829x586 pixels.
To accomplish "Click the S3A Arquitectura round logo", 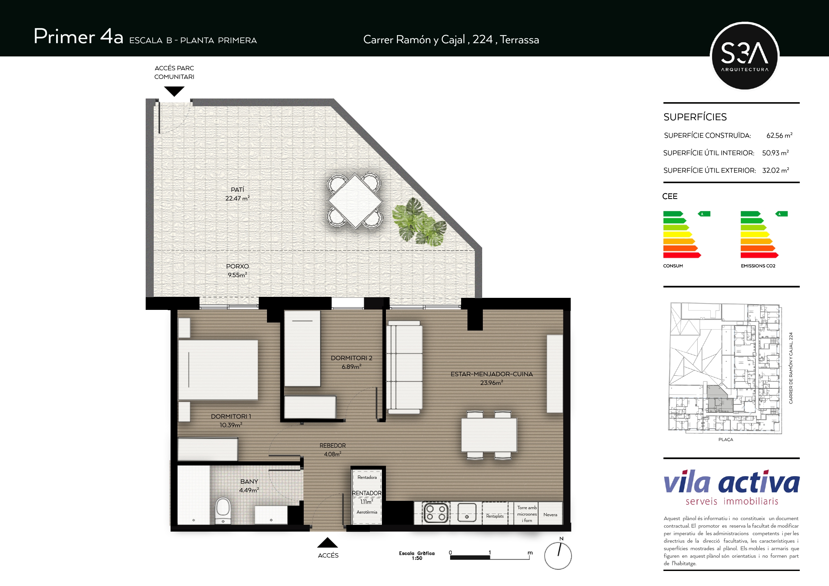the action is [744, 56].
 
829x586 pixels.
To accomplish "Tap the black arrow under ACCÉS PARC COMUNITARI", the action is [174, 91].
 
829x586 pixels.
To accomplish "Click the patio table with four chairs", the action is [355, 201].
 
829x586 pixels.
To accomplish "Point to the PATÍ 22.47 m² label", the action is [237, 194].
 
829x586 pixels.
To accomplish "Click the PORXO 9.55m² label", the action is [237, 270].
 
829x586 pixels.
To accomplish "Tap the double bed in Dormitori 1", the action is [218, 370].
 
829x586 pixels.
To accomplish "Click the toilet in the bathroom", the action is [223, 510].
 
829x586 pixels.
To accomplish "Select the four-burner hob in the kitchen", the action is [436, 513].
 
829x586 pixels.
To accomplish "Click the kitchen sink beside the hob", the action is [466, 513].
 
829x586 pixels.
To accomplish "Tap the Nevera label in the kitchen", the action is [550, 515].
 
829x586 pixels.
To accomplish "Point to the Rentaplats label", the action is [495, 516].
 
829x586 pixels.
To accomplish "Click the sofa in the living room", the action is [404, 367].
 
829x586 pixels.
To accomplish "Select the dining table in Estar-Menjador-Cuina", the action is [489, 435].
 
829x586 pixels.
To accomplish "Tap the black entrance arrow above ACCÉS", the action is [327, 543].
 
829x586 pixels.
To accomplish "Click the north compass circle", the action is [558, 556].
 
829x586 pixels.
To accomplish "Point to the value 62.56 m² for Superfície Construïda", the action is [779, 135].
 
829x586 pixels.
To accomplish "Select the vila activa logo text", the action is [731, 482].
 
